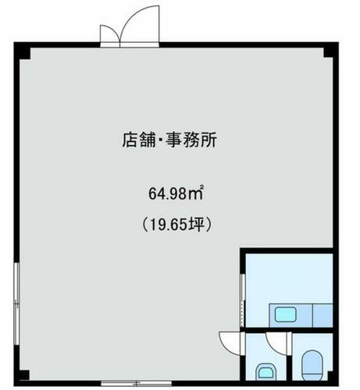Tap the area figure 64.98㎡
coord(176,192)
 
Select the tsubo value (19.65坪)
coord(176,223)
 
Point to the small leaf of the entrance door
coord(110,34)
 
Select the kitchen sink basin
coord(285,314)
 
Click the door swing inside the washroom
coord(275,342)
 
